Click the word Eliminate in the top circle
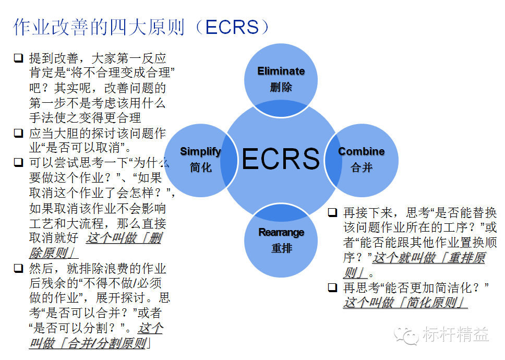(281, 71)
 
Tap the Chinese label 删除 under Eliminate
(281, 87)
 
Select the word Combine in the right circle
(362, 151)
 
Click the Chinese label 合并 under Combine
(362, 168)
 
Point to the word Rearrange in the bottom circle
(281, 232)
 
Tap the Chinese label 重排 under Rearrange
(281, 248)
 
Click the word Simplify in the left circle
(200, 151)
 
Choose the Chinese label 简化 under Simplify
(200, 168)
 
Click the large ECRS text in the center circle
(281, 159)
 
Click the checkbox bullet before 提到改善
(18, 58)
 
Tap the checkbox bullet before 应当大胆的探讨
(18, 133)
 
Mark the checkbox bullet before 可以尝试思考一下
(18, 163)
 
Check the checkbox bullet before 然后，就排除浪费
(18, 269)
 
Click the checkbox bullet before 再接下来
(332, 213)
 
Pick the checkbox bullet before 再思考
(332, 287)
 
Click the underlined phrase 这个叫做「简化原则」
(405, 303)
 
